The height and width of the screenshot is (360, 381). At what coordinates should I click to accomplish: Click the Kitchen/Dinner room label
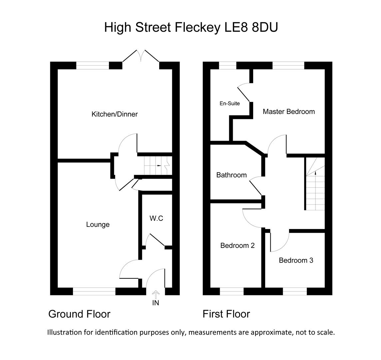coord(115,114)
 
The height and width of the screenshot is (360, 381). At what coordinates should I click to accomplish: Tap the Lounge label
coord(98,225)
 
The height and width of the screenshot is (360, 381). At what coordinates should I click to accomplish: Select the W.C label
coord(156,218)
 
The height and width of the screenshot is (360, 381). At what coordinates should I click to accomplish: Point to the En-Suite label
coord(230,103)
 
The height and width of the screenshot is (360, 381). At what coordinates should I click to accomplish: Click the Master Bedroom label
coord(289,112)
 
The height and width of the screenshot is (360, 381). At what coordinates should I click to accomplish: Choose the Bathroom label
coord(231,175)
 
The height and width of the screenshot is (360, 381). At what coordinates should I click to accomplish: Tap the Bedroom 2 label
coord(237,246)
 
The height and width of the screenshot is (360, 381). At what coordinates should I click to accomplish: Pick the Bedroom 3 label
coord(296,260)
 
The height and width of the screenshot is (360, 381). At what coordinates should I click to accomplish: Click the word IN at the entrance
coord(156,303)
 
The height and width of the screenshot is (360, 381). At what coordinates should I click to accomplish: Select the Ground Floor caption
coord(79,314)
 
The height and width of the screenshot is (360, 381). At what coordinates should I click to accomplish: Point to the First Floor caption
coord(226,314)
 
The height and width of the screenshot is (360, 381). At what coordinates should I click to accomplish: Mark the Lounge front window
coord(94,291)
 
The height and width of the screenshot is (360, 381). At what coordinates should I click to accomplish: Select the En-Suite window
coord(227,66)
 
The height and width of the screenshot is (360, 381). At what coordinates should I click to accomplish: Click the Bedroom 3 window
coord(295,291)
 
